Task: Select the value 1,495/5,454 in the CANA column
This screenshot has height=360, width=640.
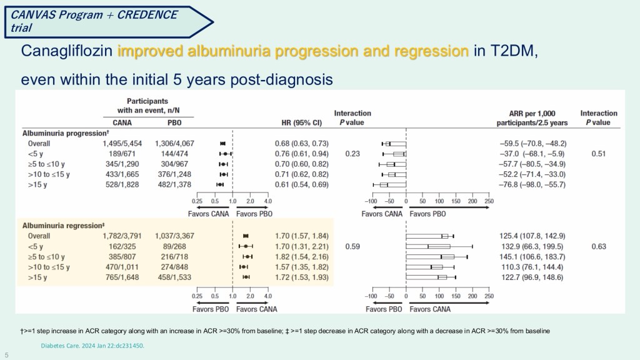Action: click(122, 144)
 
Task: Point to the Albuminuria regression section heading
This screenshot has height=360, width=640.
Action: click(62, 225)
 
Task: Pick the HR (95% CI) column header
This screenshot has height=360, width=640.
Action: click(302, 122)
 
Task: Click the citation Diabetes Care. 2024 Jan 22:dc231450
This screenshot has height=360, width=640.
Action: click(91, 344)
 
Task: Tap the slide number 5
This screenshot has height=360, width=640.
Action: click(7, 354)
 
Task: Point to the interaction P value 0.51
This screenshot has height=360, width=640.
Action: click(599, 154)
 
